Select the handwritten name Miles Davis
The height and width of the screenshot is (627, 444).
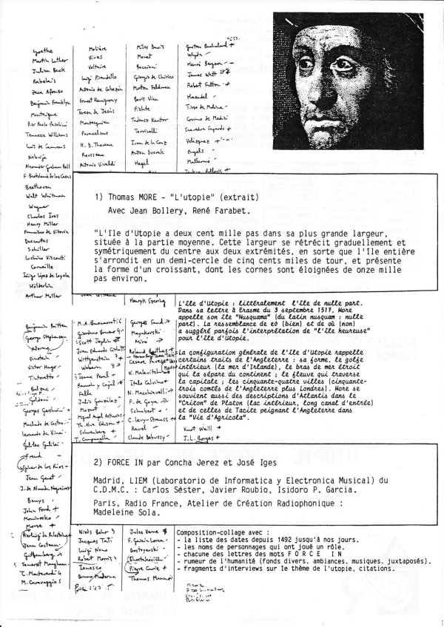[150, 48]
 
